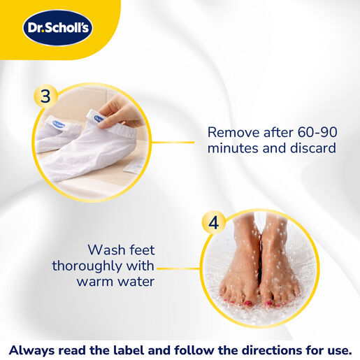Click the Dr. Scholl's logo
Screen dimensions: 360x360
[x=57, y=28]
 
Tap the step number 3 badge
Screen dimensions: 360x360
[x=45, y=96]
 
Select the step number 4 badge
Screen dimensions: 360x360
[x=213, y=223]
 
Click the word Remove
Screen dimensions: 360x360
[x=233, y=132]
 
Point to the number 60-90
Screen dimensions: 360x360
[x=317, y=132]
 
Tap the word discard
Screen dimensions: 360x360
[x=313, y=147]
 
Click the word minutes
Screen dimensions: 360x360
[x=233, y=147]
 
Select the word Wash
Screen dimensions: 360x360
[x=106, y=250]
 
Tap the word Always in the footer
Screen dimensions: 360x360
[x=31, y=350]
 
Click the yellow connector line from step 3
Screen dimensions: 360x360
[x=173, y=142]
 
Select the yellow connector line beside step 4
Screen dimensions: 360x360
[x=179, y=268]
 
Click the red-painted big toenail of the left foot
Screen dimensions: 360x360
[x=247, y=303]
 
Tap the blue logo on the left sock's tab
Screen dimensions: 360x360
[x=59, y=124]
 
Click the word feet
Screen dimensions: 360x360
[x=142, y=250]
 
